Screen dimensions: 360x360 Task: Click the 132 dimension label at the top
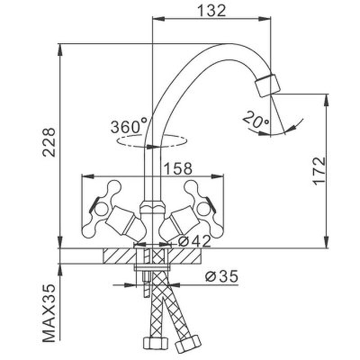211,11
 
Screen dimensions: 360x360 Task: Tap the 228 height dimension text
49,142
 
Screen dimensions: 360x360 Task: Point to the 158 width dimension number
178,168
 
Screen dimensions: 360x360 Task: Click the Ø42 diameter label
194,241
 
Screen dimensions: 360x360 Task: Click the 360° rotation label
129,126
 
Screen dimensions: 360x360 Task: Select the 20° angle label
255,119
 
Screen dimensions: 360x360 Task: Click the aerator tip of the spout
268,85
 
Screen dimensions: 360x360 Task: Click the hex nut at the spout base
153,206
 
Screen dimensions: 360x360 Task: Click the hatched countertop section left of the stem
119,256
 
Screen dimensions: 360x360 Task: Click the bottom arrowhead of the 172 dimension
326,243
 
